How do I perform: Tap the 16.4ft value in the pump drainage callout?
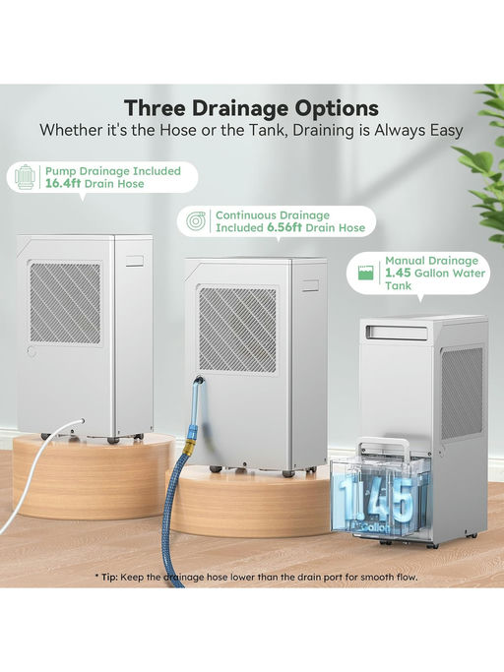point(63,184)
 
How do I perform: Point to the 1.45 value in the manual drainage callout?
point(398,273)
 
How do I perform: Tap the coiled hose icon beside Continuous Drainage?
point(196,221)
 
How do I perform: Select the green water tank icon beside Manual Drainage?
point(365,273)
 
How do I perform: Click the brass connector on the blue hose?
point(189,448)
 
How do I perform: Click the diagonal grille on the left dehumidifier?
point(65,303)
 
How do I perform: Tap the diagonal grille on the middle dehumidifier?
point(237,330)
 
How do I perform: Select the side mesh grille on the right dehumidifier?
point(462,393)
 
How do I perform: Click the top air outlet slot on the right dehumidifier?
point(397,333)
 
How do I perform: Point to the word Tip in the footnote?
point(109,577)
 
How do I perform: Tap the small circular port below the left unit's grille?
point(31,351)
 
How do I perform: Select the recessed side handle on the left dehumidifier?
point(135,262)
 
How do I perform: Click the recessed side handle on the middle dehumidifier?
point(310,286)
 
